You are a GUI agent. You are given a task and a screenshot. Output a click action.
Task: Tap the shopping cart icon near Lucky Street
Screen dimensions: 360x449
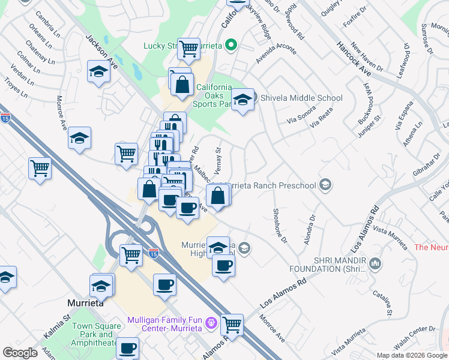point(189,48)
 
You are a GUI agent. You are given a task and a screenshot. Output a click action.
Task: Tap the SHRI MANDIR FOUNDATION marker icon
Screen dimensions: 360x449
point(376,263)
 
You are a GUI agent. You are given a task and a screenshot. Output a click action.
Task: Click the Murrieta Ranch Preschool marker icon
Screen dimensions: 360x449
point(325,185)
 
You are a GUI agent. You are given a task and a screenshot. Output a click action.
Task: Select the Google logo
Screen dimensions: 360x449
point(20,353)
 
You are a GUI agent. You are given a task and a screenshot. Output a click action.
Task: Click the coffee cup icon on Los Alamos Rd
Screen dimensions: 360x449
point(223,265)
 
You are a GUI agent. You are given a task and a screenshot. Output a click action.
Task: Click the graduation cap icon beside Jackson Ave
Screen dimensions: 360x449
point(98,72)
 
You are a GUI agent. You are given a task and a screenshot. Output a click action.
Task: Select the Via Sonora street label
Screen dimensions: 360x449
point(301,116)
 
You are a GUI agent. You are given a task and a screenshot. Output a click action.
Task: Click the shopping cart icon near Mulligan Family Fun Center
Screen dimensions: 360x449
point(232,325)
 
